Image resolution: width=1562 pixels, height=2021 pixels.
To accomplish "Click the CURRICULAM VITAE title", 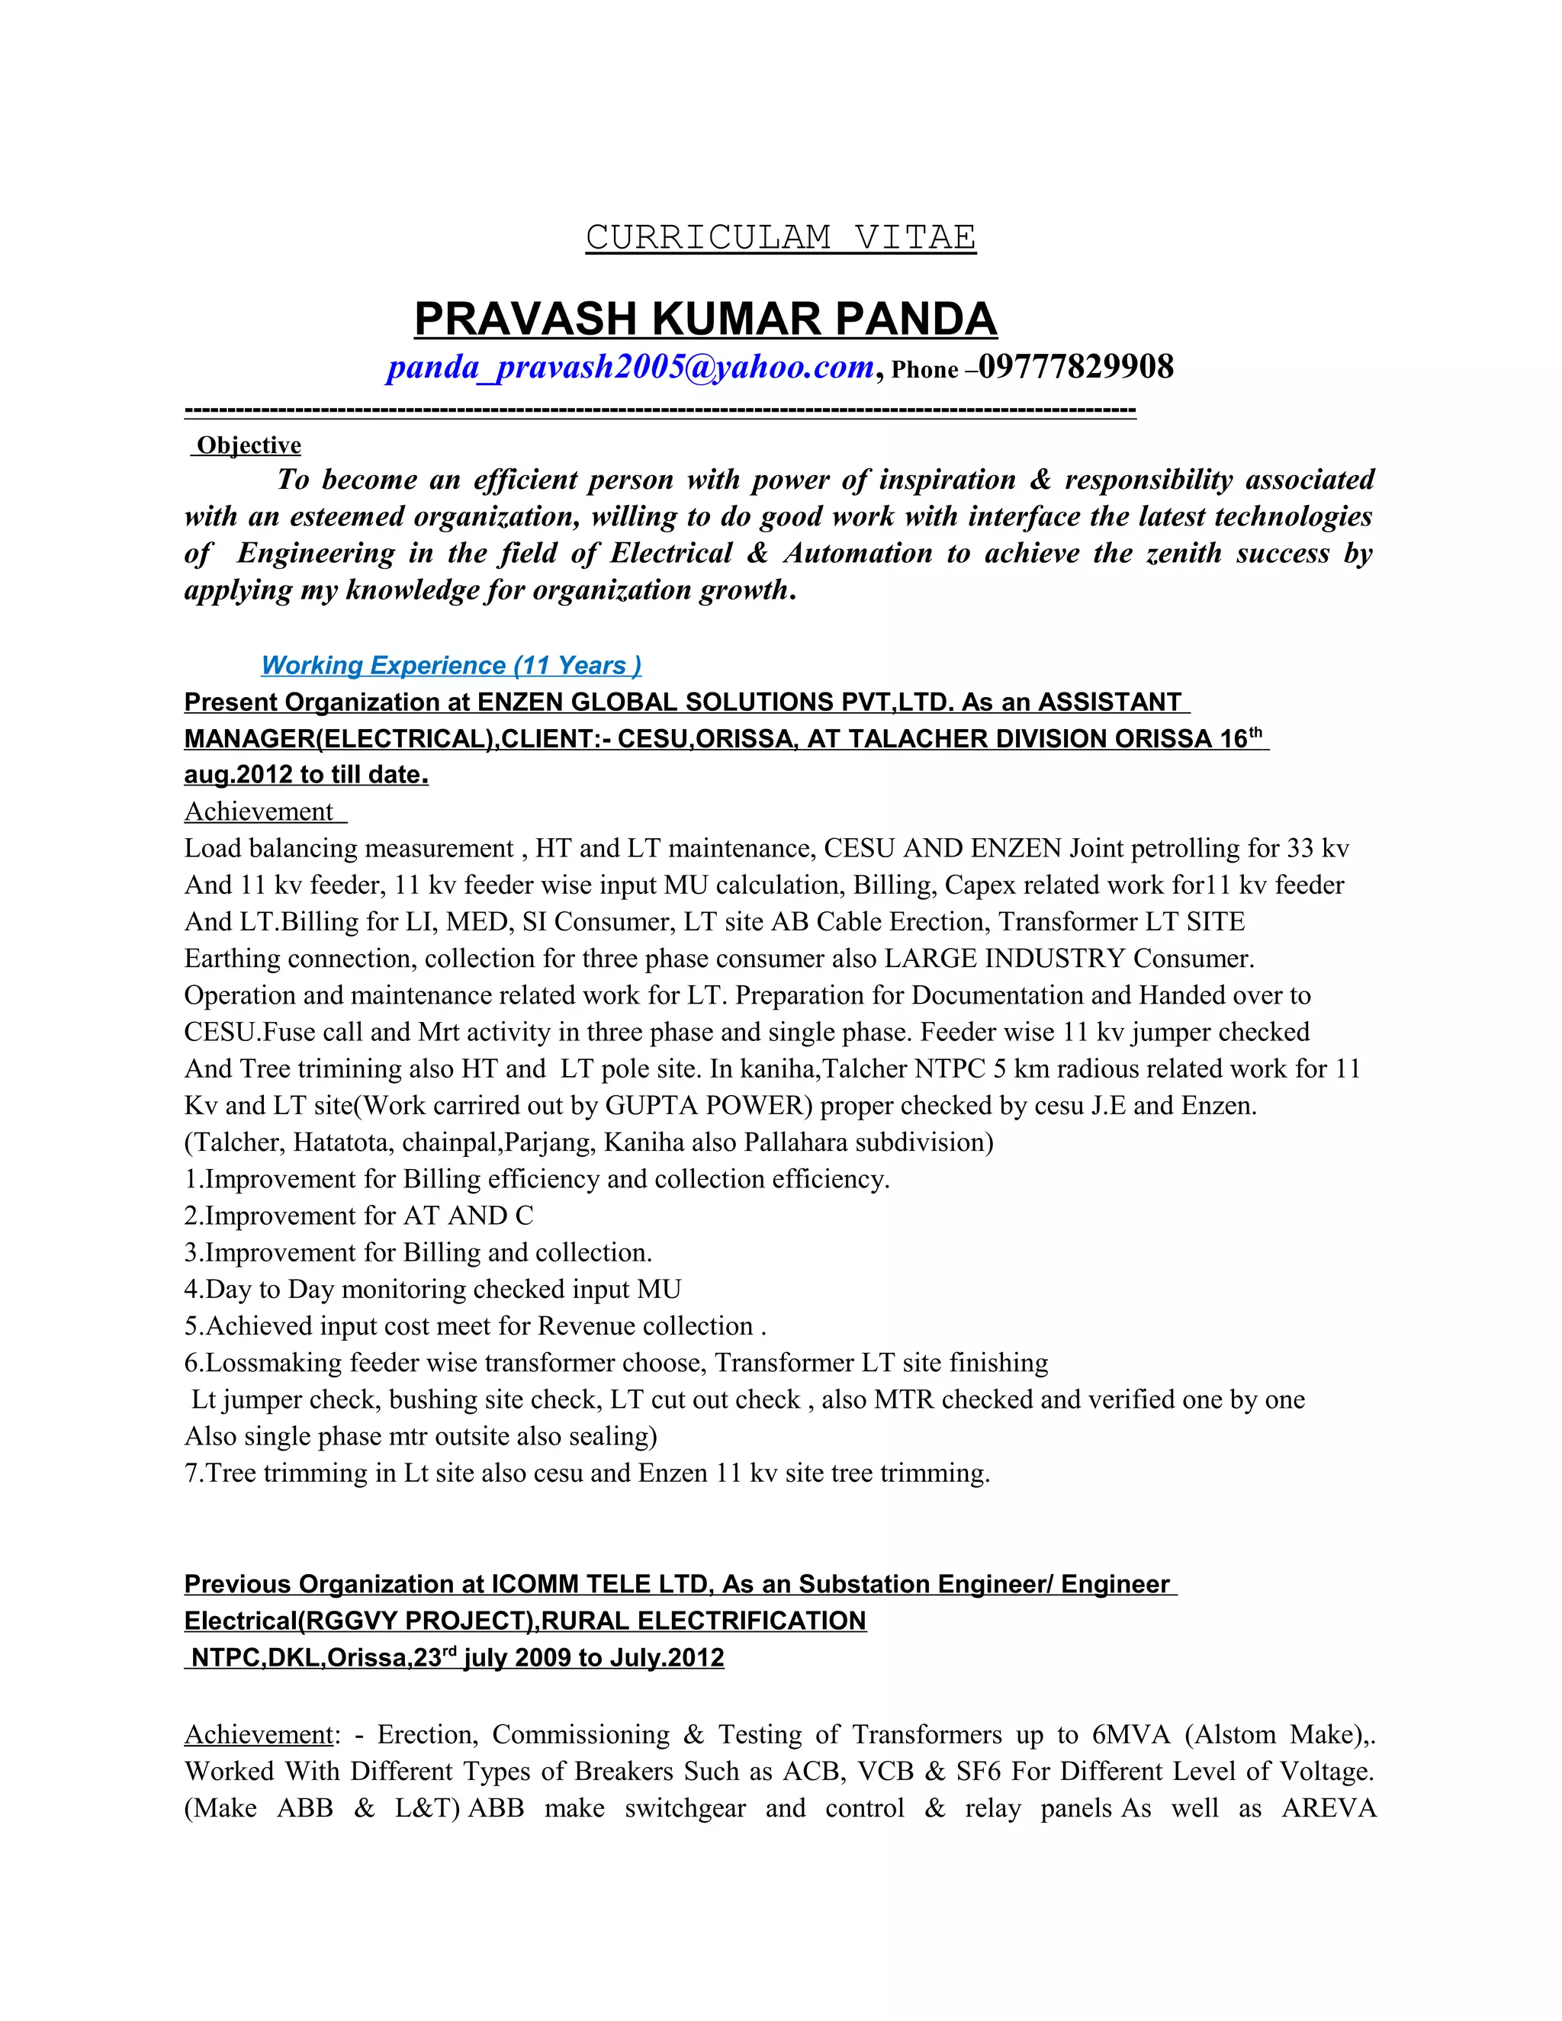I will coord(780,238).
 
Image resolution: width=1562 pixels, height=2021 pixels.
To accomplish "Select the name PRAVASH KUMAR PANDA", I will coord(705,320).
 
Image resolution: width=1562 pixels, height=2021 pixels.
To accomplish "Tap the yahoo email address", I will coord(630,368).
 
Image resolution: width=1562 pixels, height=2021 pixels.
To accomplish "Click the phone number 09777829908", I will coord(1075,368).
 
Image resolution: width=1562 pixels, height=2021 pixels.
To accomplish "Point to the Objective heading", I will coord(248,445).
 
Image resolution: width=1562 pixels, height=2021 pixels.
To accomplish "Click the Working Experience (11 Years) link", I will coord(451,665).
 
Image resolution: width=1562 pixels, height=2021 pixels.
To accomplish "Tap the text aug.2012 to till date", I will coord(305,775).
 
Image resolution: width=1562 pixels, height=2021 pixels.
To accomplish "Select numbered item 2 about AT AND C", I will coord(358,1216).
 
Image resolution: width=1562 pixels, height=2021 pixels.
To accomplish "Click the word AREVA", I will coord(1328,1808).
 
